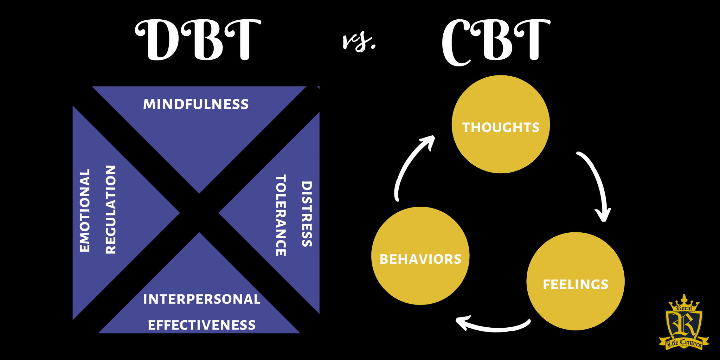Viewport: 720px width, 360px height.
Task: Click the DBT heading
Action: click(x=198, y=40)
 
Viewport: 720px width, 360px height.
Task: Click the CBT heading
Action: click(x=496, y=41)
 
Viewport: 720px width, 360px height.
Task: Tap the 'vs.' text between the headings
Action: click(x=359, y=42)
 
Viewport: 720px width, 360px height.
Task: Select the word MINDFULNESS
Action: click(x=196, y=104)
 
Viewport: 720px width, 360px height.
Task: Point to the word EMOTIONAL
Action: click(x=85, y=211)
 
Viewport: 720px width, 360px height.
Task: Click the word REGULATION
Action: click(x=111, y=210)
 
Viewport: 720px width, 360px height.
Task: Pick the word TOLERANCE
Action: click(x=281, y=215)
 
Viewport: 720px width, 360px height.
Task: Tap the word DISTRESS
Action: click(x=307, y=214)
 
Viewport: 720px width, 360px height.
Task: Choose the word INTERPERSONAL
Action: click(x=202, y=299)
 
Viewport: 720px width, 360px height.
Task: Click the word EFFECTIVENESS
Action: click(x=202, y=325)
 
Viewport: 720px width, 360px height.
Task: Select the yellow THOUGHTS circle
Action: click(x=501, y=124)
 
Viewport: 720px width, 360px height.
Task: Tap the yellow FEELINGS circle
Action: click(x=576, y=281)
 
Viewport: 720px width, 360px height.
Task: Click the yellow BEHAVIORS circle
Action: click(x=420, y=256)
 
